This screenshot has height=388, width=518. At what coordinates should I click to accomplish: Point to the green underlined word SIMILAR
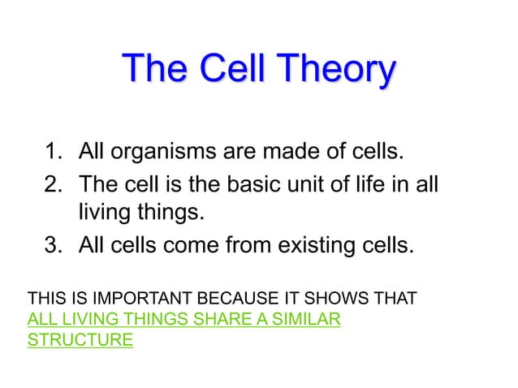click(x=305, y=320)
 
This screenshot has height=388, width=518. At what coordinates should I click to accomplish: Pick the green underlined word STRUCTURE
click(x=80, y=340)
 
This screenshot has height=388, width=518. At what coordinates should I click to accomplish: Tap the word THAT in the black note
click(x=397, y=300)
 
